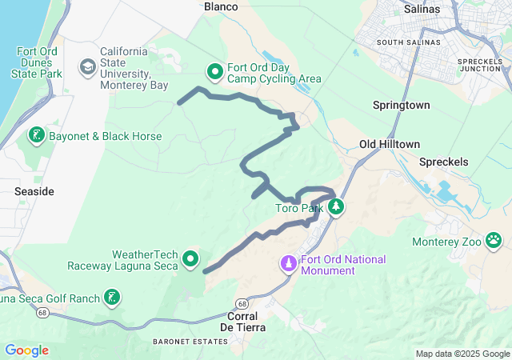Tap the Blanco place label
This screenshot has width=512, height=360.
(x=222, y=6)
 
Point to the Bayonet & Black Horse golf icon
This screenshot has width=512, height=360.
(x=36, y=136)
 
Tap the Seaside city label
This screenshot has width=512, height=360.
(x=34, y=192)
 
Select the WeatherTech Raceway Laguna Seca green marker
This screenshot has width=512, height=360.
(x=190, y=258)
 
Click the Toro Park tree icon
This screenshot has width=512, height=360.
(x=337, y=207)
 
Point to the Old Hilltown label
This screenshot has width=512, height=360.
(x=390, y=144)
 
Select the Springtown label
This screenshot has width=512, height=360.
(x=402, y=105)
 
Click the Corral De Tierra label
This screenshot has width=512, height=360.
(x=242, y=321)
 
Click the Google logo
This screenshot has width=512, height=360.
(x=26, y=350)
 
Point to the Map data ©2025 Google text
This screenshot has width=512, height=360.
(x=462, y=354)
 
